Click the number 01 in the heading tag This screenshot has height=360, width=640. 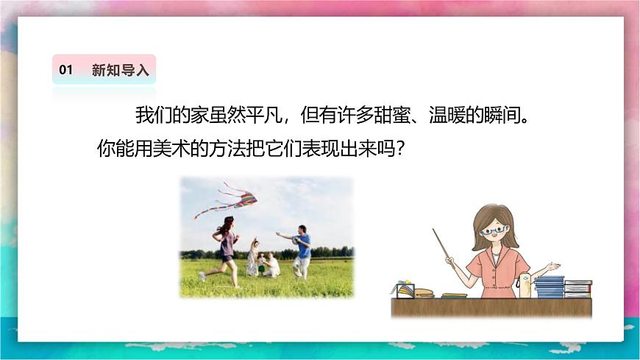click(x=66, y=70)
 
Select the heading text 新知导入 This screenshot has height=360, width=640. click(x=121, y=70)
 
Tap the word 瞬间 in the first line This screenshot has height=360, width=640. click(x=499, y=116)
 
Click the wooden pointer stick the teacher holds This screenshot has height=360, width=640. click(x=441, y=243)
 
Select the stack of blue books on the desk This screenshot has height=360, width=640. click(x=549, y=286)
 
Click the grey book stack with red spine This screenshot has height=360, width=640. click(x=578, y=288)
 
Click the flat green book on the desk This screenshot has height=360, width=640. click(x=454, y=295)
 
